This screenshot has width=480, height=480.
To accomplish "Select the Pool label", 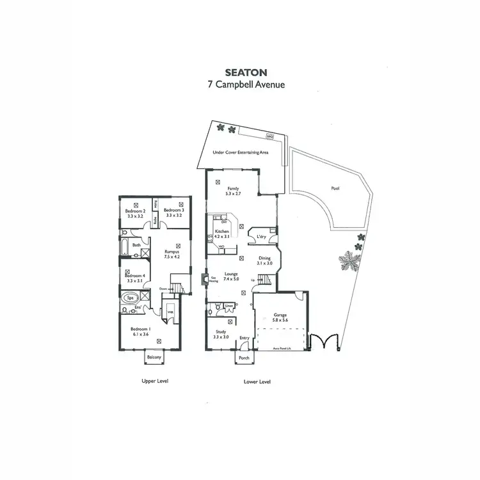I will (335, 189).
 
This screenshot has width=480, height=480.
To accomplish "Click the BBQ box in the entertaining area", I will (269, 136).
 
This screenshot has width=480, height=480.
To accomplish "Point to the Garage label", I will (281, 316).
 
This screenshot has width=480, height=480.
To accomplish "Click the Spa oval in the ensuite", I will (129, 298).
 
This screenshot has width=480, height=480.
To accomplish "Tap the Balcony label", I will (154, 356).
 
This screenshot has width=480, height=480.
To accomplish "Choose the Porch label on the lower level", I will (244, 358).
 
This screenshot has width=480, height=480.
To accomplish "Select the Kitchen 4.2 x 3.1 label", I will (222, 234).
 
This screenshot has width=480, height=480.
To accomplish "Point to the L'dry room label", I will (260, 237).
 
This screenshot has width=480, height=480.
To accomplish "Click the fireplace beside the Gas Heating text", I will (204, 280).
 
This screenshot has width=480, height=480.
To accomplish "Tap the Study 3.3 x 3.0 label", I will (221, 333).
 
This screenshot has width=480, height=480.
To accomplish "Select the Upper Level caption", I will (154, 380).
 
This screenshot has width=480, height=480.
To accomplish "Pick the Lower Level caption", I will (257, 381).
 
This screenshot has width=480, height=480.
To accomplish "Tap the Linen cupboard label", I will (229, 307).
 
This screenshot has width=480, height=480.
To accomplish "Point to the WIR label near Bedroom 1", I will (170, 312).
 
